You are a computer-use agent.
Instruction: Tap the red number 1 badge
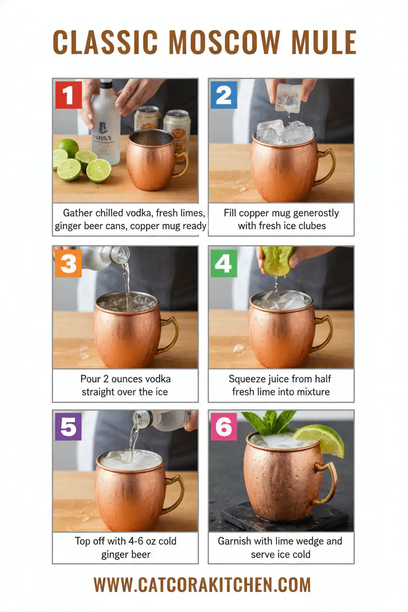[69, 95]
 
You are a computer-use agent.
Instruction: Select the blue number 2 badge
[224, 95]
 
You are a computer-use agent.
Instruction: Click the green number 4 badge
[223, 263]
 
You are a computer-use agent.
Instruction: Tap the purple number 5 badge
[68, 427]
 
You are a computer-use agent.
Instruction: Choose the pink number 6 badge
[224, 427]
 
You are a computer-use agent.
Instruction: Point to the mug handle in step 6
[329, 483]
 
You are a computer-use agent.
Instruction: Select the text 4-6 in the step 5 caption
[133, 541]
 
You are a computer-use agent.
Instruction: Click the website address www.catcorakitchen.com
[202, 585]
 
